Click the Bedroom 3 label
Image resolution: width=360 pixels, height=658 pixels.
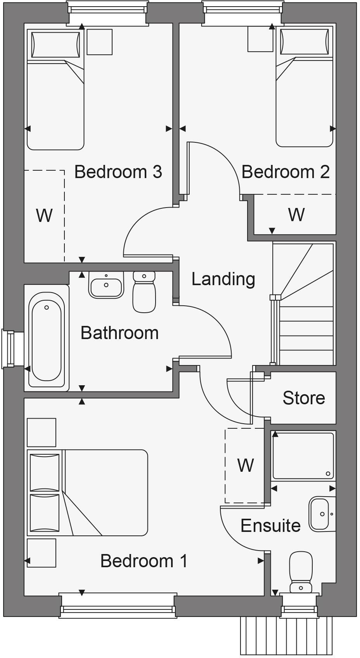coord(118,172)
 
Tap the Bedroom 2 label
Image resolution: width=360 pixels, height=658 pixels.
coord(286,172)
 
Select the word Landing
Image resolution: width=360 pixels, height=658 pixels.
coord(223,279)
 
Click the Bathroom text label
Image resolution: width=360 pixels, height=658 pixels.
coord(119,333)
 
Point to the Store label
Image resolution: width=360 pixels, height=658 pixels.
coord(304,398)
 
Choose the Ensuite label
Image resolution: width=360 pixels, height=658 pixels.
coord(270,526)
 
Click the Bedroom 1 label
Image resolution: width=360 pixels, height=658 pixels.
coord(144,561)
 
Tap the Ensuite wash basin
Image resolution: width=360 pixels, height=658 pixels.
coord(321,514)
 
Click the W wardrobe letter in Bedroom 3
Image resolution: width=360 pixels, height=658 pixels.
coord(44,215)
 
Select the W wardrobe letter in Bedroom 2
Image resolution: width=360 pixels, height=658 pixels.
coord(296,214)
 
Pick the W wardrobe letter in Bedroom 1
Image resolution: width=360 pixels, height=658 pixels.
coord(246,465)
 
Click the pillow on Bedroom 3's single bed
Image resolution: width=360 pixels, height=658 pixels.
coord(55,45)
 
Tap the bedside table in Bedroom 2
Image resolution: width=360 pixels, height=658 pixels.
coord(260,39)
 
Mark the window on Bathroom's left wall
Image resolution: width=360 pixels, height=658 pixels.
coord(9,348)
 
